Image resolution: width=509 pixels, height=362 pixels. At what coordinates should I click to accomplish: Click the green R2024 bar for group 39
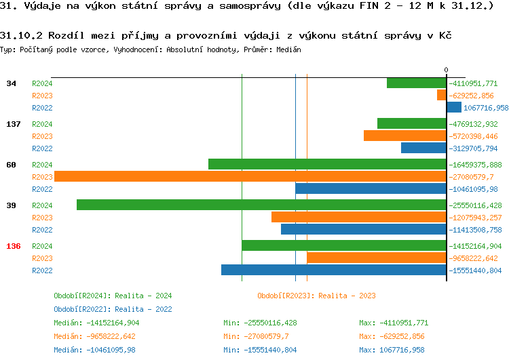(261, 205)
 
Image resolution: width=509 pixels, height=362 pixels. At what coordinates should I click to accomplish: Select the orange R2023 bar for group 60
(250, 177)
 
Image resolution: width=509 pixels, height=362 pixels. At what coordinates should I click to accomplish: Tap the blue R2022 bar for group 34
(454, 108)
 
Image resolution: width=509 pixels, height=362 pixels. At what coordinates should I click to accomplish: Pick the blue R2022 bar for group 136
(333, 270)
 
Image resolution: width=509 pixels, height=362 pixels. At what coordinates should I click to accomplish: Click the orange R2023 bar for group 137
(404, 136)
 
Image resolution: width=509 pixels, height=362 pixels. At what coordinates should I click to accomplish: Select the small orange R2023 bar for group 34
(441, 96)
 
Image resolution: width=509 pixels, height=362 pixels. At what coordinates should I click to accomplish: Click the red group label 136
(14, 246)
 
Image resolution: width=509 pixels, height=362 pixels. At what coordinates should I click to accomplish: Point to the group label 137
(14, 124)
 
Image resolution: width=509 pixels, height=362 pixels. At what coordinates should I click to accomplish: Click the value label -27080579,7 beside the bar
(475, 177)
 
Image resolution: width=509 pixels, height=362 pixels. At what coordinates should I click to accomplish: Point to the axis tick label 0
(446, 70)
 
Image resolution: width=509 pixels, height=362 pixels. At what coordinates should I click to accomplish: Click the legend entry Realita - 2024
(113, 296)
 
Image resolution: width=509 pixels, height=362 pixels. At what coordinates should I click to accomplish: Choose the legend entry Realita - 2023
(316, 296)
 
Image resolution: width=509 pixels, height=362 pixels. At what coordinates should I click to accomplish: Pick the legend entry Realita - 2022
(113, 309)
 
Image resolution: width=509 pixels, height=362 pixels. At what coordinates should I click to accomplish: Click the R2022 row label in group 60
(42, 189)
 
